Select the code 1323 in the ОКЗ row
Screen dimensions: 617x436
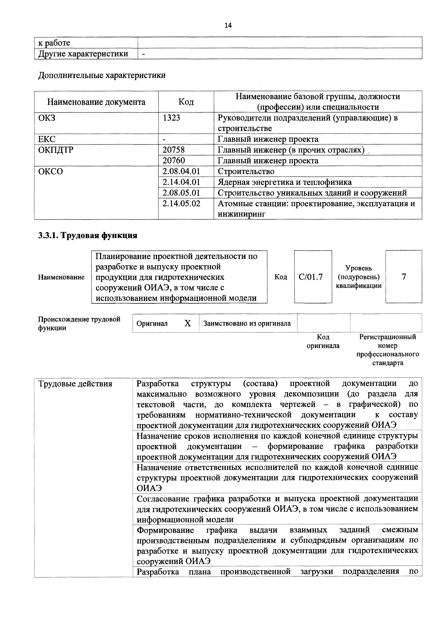[x=171, y=118]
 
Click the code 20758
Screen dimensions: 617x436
[x=174, y=150]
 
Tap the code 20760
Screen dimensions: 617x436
[x=174, y=160]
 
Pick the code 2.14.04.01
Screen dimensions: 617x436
[x=181, y=182]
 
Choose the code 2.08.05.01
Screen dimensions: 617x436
[x=181, y=193]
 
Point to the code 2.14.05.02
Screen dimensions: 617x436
[x=181, y=203]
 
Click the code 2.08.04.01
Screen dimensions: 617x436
[x=181, y=171]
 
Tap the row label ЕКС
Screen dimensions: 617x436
[x=47, y=139]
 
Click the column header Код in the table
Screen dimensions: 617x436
[x=186, y=102]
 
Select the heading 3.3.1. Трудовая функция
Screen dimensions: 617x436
[x=88, y=235]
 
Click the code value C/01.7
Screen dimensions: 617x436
[x=310, y=277]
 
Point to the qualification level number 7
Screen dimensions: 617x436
[x=403, y=277]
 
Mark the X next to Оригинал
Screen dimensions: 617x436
[x=188, y=323]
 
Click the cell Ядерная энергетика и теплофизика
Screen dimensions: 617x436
[x=284, y=182]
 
